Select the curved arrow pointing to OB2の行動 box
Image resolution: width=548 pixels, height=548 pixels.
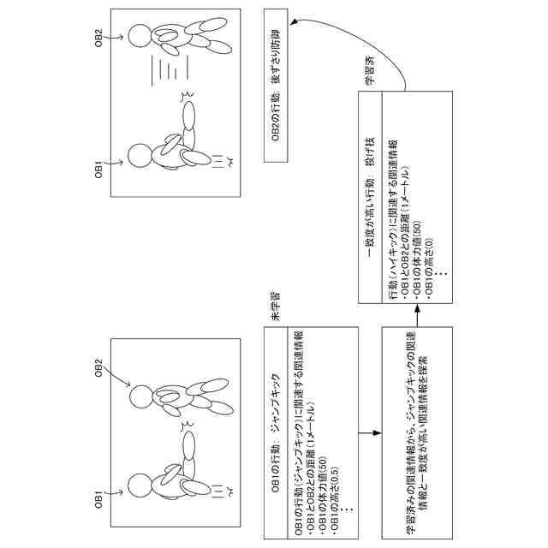[342, 43]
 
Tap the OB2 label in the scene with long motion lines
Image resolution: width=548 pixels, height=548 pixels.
[99, 39]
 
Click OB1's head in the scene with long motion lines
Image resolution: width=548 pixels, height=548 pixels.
[139, 157]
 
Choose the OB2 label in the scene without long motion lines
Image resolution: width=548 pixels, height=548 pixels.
[99, 370]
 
